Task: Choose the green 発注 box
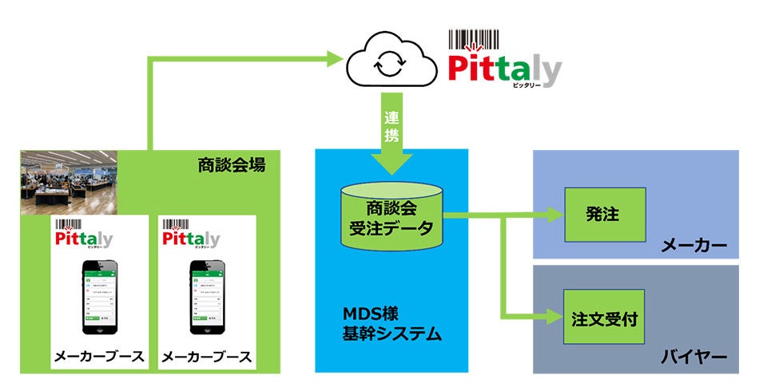coord(604,215)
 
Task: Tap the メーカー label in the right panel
coord(693,245)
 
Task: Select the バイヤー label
coord(693,356)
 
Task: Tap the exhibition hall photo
coord(69,182)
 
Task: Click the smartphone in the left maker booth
coord(99,299)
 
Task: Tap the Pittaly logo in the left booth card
coord(84,237)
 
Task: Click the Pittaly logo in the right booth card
coord(191,237)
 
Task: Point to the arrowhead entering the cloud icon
coord(333,57)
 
